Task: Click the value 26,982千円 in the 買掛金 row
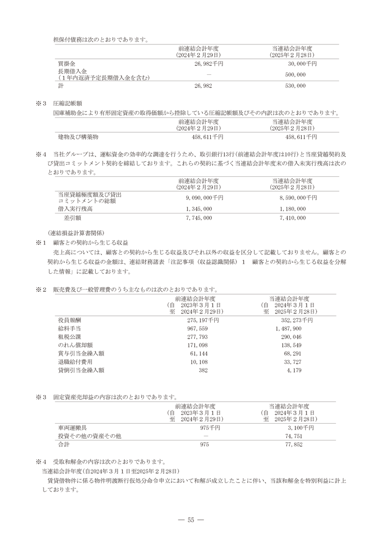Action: pos(208,63)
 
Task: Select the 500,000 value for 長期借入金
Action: pos(295,74)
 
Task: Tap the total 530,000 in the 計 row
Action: pos(295,85)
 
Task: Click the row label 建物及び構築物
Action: pos(78,137)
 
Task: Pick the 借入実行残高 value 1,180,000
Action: pos(293,209)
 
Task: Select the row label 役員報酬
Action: pos(70,320)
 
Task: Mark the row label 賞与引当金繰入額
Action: pos(81,354)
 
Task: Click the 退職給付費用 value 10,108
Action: pos(199,362)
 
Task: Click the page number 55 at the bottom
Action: pos(191,520)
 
